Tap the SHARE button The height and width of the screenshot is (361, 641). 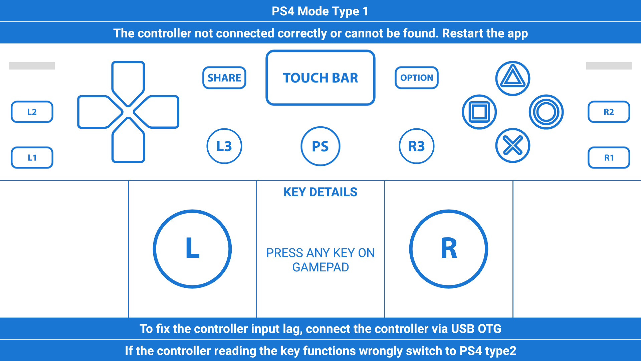[224, 78]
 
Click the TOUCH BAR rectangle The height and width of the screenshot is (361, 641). [320, 78]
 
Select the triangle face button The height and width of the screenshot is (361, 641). [512, 78]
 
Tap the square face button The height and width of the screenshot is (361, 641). [479, 112]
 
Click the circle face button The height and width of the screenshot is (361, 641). [546, 112]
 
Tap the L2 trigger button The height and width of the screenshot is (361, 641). [32, 112]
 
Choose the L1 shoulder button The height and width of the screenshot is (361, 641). [32, 157]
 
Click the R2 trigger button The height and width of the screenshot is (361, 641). [609, 112]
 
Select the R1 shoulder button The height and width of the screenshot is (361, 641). [609, 157]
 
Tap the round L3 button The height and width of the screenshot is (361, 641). [224, 146]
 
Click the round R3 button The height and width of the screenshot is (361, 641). [416, 146]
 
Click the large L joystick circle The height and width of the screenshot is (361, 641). [192, 249]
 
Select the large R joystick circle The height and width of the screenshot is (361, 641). [448, 249]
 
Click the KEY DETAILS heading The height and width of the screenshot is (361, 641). [320, 192]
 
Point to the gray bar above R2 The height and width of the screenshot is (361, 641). [609, 66]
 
